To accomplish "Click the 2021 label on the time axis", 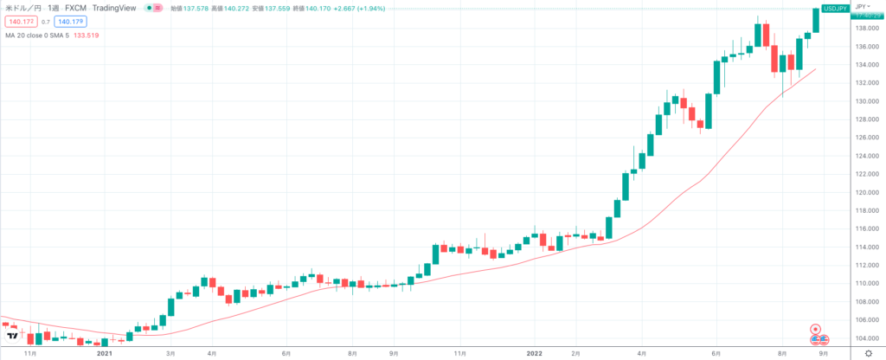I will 106,354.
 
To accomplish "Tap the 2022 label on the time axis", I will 535,354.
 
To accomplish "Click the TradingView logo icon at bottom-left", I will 12,334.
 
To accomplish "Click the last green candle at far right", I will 816,19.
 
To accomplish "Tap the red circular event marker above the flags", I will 814,329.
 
